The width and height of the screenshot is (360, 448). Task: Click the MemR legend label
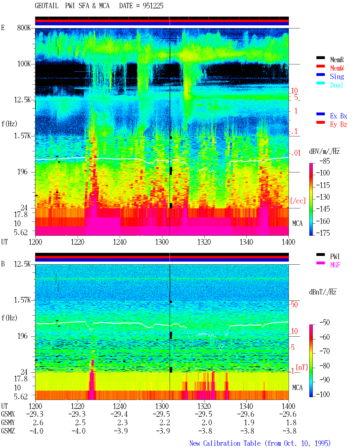pos(337,60)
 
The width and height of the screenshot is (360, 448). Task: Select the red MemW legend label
pos(337,68)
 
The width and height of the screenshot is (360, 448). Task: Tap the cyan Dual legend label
pos(336,85)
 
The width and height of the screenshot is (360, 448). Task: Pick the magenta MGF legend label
pos(335,265)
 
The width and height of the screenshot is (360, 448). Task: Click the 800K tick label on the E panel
pos(24,28)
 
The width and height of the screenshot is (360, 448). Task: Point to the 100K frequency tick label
pos(24,64)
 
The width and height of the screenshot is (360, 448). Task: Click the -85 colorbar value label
pos(325,161)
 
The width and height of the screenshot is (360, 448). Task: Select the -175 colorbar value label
pos(323,233)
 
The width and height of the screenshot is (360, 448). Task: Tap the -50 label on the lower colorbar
pos(325,323)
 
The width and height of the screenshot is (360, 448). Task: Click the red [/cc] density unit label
pos(298,201)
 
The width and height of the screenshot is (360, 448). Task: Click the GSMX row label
pos(8,414)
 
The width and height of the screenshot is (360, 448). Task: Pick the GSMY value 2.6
pos(38,422)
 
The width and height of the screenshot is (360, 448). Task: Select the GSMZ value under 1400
pos(289,431)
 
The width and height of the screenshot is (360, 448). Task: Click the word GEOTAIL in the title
pos(47,6)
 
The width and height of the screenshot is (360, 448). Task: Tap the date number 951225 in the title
pos(153,6)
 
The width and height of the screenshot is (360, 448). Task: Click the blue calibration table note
pos(260,443)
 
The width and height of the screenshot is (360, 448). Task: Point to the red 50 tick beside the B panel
pos(294,305)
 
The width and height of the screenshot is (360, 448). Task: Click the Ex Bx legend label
pos(339,116)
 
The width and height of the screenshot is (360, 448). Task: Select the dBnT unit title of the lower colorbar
pos(323,292)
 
